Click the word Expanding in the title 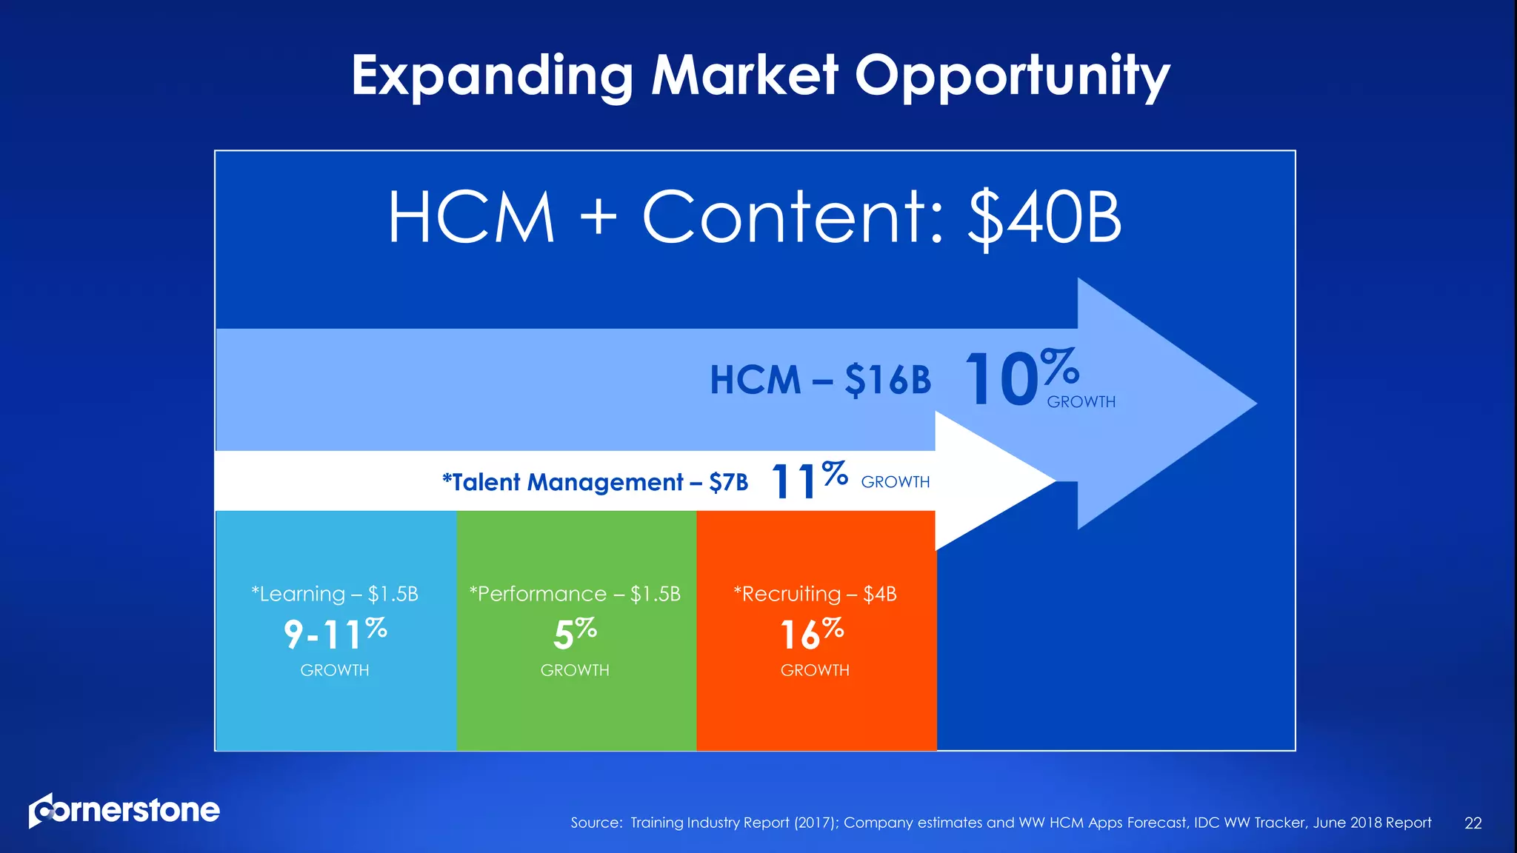(x=492, y=76)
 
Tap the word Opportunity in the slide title (x=1013, y=76)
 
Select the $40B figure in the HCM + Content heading (x=1044, y=218)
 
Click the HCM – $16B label (x=820, y=380)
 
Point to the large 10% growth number (x=1020, y=379)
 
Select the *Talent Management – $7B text (x=595, y=482)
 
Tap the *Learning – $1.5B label (x=335, y=594)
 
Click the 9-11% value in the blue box (x=335, y=634)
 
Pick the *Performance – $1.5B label (x=575, y=594)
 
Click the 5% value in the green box (x=575, y=634)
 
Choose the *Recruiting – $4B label (x=815, y=594)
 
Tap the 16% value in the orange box (x=812, y=634)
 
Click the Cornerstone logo (x=124, y=810)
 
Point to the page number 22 (x=1473, y=823)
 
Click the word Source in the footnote (x=596, y=823)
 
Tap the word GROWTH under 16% (x=815, y=670)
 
